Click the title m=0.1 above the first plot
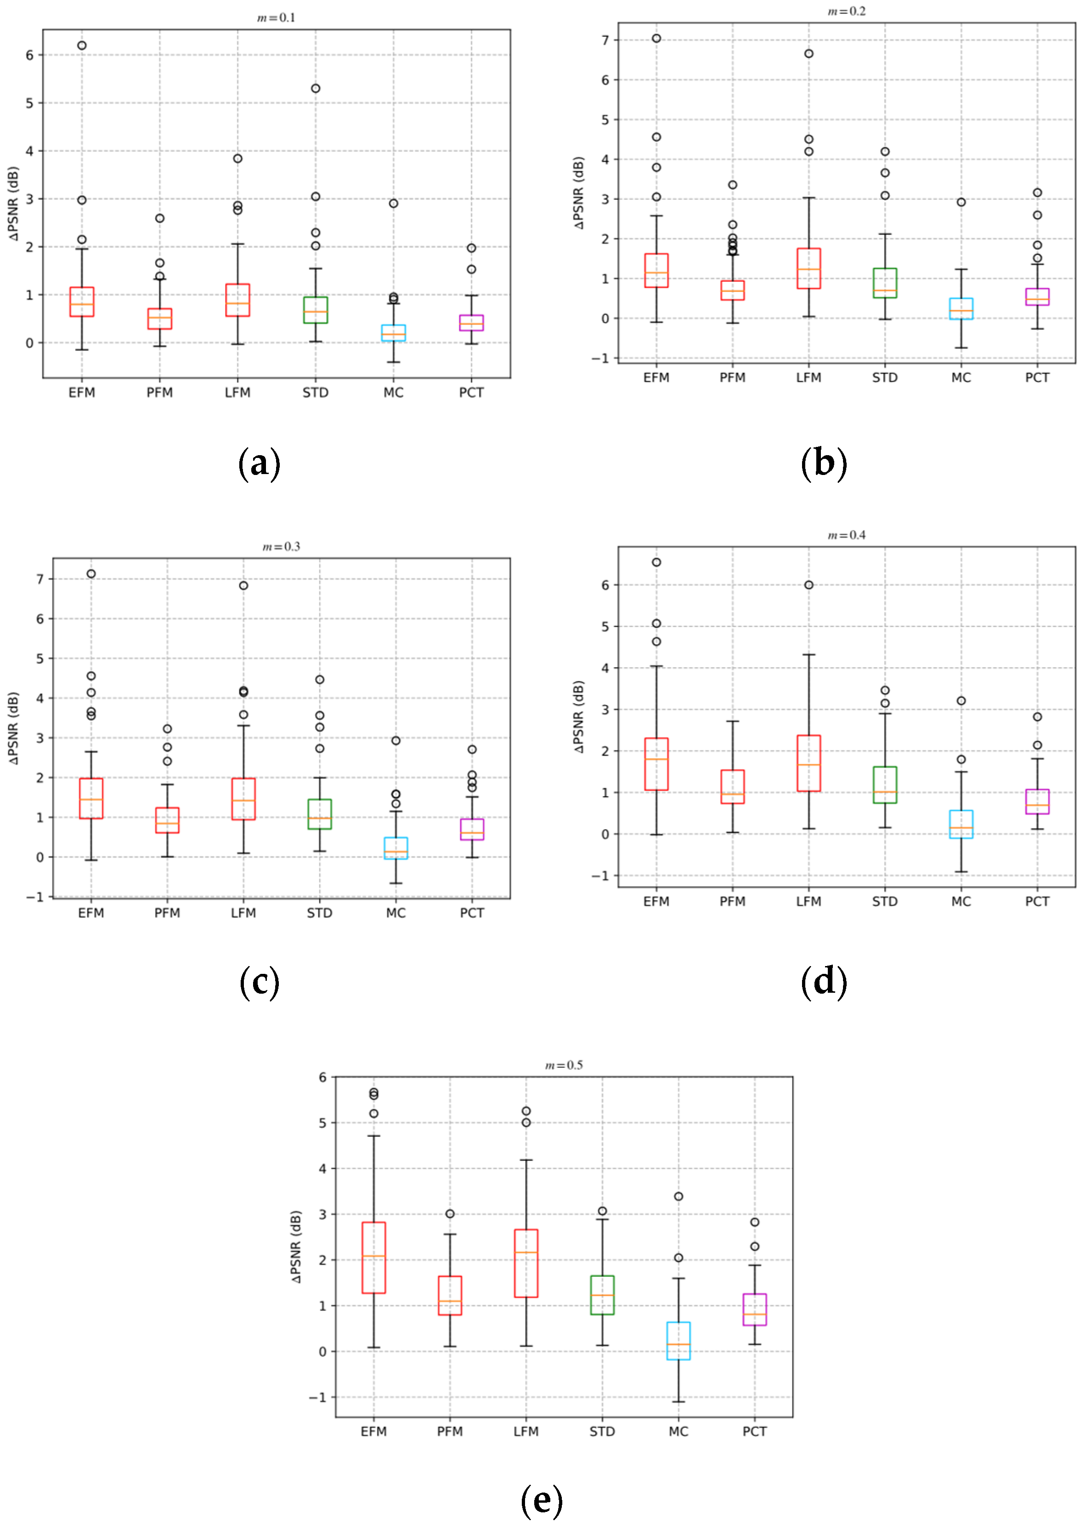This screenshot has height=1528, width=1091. pos(276,17)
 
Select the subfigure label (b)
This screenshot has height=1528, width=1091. pos(824,463)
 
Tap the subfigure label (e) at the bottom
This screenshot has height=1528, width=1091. pos(542,1501)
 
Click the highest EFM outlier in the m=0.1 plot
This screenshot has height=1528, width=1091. pos(81,46)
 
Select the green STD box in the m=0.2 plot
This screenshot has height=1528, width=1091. pos(885,283)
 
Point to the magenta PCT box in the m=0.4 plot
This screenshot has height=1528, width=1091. pos(1037,801)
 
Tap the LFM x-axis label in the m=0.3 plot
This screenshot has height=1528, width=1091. pos(243,913)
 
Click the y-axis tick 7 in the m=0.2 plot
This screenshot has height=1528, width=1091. pos(605,41)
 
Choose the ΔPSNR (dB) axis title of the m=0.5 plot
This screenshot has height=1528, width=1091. pos(296,1246)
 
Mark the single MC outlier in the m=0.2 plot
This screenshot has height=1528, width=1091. pos(961,202)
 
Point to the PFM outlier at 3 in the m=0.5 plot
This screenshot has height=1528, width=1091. pos(450,1214)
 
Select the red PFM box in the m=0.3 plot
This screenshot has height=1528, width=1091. pos(167,820)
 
